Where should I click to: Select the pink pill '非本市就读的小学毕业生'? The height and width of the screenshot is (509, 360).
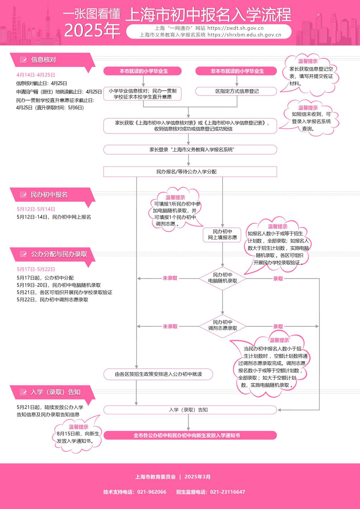point(236,71)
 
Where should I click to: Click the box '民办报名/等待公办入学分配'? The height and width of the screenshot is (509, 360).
point(190,172)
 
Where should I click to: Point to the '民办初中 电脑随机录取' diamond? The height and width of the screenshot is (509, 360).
point(222,278)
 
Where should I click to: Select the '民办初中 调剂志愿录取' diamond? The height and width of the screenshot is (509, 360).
point(222,325)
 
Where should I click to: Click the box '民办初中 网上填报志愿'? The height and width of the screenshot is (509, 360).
point(222,234)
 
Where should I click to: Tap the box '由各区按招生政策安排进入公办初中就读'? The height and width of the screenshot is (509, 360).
point(158,374)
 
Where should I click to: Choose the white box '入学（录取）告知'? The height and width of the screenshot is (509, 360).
point(190,410)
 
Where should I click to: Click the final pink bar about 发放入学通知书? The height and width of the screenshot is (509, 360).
point(190,435)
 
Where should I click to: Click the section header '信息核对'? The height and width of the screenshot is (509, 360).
point(43,60)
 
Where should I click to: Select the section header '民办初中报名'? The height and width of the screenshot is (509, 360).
point(49,195)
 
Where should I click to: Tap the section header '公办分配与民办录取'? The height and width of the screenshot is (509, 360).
point(59,254)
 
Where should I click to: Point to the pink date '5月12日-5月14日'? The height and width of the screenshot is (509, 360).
point(36,209)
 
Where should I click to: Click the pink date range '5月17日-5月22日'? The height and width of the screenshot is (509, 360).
point(36,269)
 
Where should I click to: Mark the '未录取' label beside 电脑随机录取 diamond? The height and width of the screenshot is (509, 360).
point(170,278)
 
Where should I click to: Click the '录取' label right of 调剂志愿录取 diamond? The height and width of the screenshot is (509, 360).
point(278,327)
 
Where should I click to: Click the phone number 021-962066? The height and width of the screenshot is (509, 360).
point(152,492)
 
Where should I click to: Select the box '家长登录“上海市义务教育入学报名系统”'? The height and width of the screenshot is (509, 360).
point(190,149)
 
